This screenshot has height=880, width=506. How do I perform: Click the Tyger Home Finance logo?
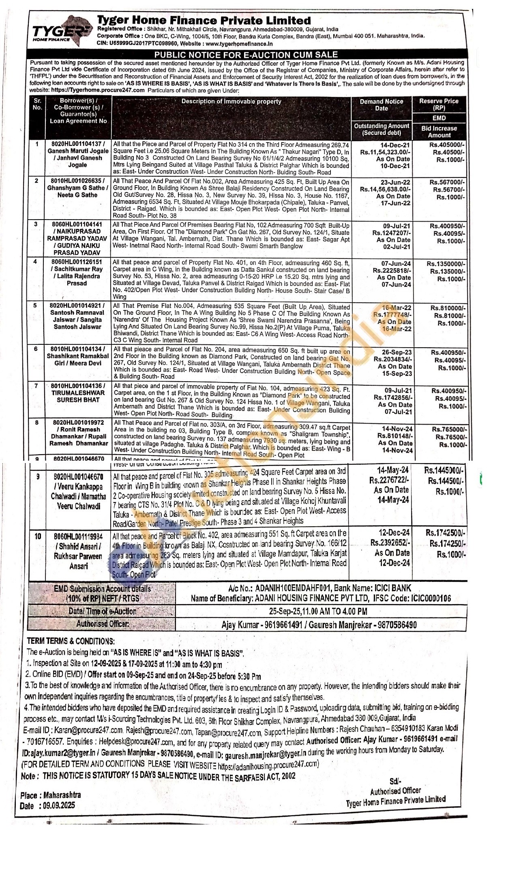click(60, 31)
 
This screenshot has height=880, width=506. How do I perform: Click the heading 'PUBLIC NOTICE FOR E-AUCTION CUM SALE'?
click(246, 55)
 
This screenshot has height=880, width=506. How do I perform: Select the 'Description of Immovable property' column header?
click(231, 102)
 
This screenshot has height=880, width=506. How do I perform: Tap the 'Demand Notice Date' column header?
click(381, 105)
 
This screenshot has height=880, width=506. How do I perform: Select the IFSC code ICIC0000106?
click(430, 598)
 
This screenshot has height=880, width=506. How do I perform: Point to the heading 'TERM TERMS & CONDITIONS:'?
click(71, 641)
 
